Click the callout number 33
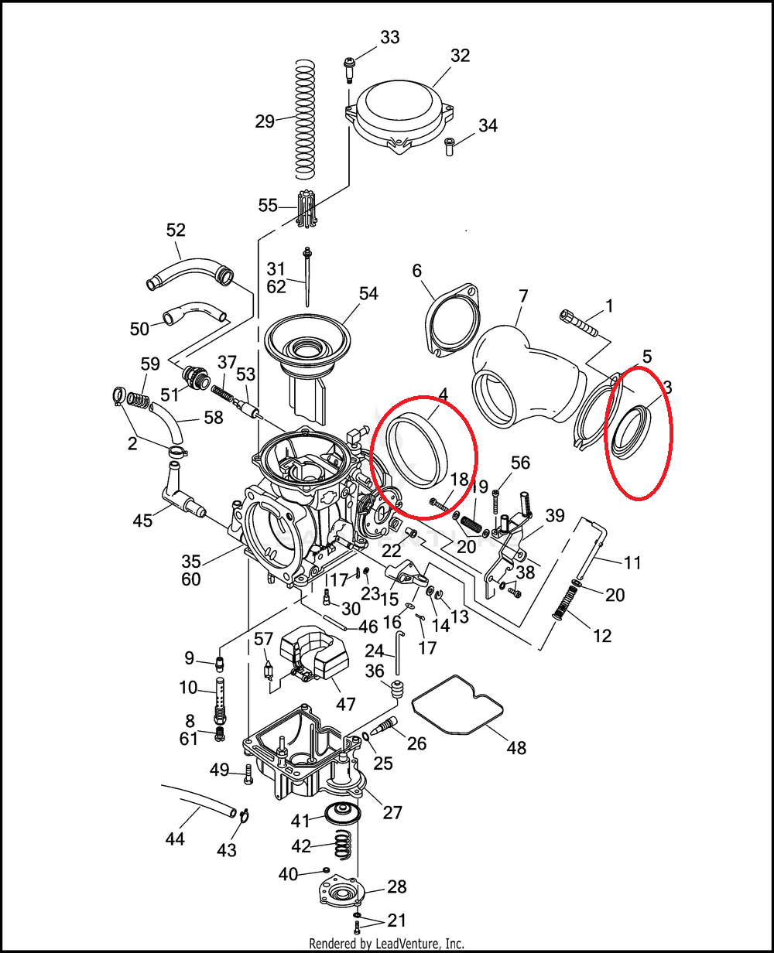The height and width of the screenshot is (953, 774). click(390, 37)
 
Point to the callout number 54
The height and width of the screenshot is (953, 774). click(368, 294)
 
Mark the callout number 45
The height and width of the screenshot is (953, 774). click(142, 521)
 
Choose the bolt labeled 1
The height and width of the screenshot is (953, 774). click(579, 323)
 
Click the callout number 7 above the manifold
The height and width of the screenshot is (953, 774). click(523, 295)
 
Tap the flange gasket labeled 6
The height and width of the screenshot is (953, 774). click(452, 323)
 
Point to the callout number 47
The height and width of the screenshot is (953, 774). click(345, 704)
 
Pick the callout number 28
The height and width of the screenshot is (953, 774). click(397, 886)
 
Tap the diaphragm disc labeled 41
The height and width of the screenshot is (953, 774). click(338, 813)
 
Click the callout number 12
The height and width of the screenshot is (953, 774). click(601, 635)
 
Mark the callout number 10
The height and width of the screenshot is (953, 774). click(189, 687)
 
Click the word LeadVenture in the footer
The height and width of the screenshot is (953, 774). click(398, 944)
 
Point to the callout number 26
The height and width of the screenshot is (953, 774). click(416, 743)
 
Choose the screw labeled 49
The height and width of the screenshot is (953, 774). click(248, 773)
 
